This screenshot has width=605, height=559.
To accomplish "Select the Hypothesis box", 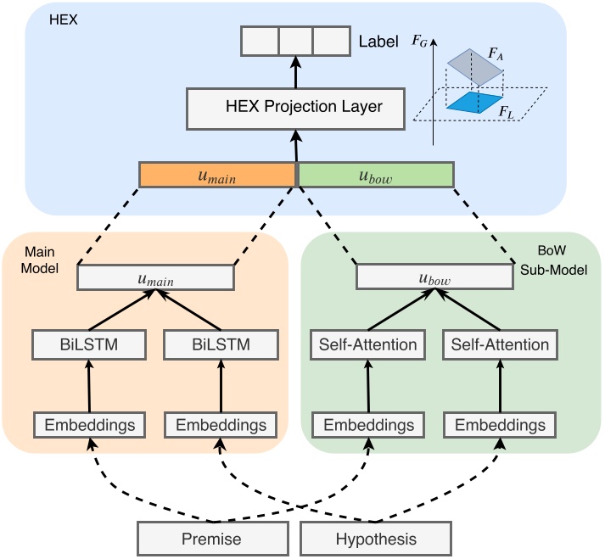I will pos(376,539).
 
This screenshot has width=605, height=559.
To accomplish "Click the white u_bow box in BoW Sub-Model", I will pos(436,277).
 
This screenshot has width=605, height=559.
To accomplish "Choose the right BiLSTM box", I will pos(220,344).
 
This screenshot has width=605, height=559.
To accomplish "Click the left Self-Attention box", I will pos(367,344).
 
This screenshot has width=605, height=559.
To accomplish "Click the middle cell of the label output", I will pos(294,41).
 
